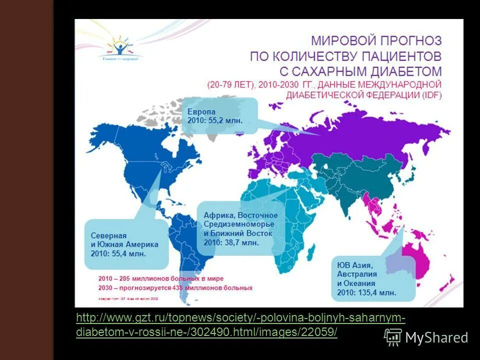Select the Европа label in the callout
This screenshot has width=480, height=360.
pos(201,111)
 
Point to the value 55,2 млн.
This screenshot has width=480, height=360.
pos(229,120)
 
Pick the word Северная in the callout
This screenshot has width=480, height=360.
pos(108,235)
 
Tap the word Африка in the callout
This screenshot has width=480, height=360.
pos(219,215)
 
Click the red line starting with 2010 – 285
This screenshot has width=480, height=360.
pos(160,278)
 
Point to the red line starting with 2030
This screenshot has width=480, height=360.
pos(175,288)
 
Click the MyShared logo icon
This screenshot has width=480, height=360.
pos(392,337)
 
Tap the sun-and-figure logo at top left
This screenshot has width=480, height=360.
pos(119,47)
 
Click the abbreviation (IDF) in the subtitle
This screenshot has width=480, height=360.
pos(430,94)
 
